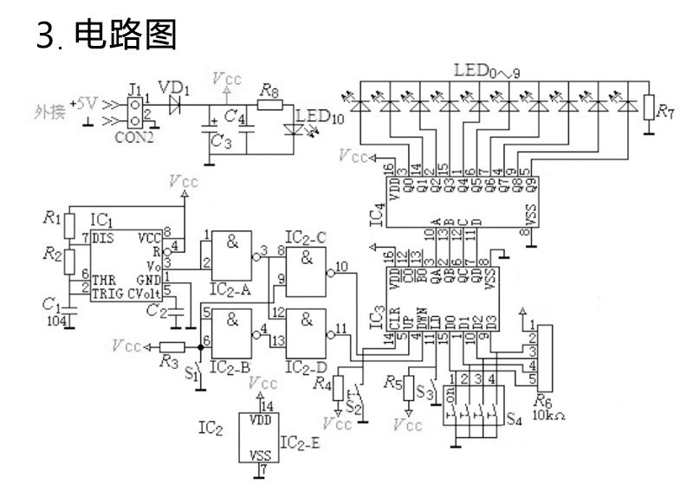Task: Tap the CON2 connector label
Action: tap(135, 135)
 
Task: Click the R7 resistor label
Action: tap(664, 110)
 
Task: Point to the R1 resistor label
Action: tap(54, 217)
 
